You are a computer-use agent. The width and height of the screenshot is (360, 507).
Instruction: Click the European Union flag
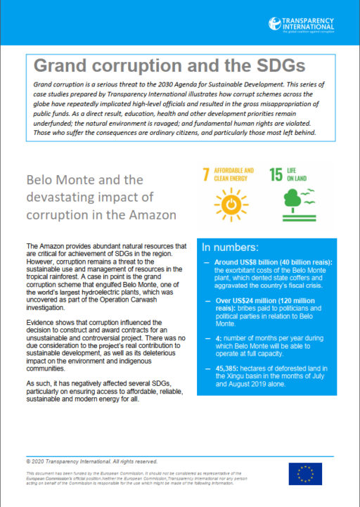pyautogui.click(x=325, y=474)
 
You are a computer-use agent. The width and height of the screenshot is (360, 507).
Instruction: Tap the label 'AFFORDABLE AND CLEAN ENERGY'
pyautogui.click(x=236, y=174)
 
